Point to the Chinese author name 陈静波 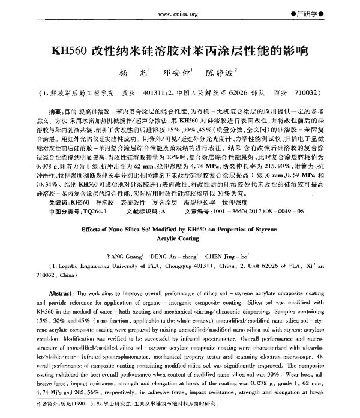pos(221,77)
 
